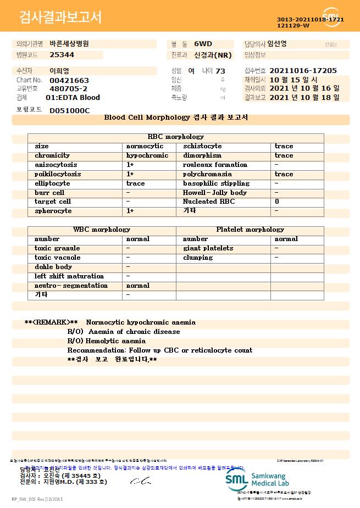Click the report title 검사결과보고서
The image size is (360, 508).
[60, 18]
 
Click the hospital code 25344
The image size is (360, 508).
[62, 55]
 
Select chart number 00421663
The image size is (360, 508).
[69, 80]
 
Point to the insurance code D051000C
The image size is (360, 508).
[69, 110]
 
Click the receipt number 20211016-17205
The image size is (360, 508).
[303, 71]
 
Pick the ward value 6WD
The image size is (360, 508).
[203, 43]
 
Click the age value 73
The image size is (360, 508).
[220, 71]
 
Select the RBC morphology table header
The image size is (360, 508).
[175, 137]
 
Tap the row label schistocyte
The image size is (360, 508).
[202, 146]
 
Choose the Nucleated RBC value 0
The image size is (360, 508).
[277, 202]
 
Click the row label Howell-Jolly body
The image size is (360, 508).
[214, 193]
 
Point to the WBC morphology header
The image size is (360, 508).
[102, 230]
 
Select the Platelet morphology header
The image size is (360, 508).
[250, 230]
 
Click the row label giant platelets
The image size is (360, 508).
[208, 248]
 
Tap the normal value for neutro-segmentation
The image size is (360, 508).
[137, 286]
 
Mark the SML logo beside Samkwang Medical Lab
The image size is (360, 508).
[236, 479]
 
